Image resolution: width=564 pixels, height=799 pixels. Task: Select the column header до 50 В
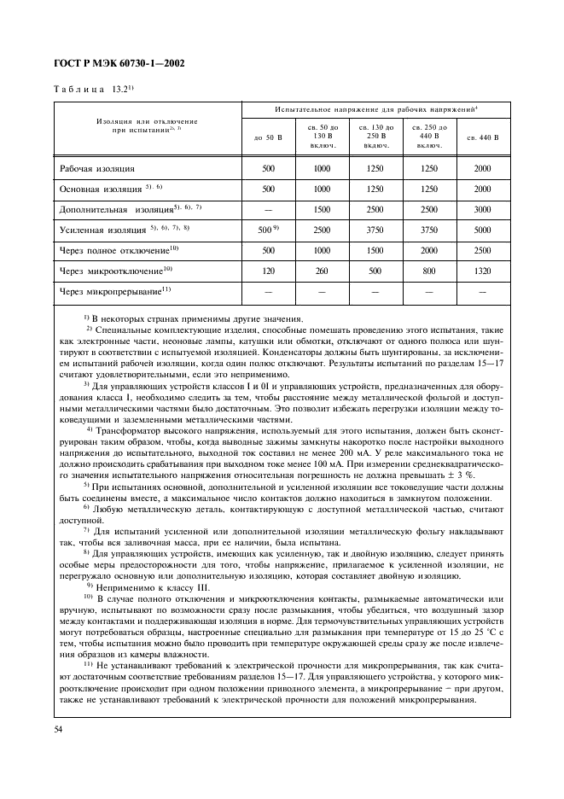point(269,137)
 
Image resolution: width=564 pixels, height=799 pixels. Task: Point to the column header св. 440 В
point(482,137)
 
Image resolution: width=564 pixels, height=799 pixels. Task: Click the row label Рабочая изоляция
point(97,169)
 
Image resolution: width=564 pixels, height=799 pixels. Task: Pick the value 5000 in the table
point(482,229)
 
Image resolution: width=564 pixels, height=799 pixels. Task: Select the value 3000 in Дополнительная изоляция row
point(482,208)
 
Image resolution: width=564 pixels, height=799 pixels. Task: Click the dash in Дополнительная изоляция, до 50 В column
point(269,208)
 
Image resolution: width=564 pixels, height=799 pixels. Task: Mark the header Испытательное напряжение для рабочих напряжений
point(375,110)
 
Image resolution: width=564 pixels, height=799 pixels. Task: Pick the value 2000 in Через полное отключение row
point(428,249)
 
